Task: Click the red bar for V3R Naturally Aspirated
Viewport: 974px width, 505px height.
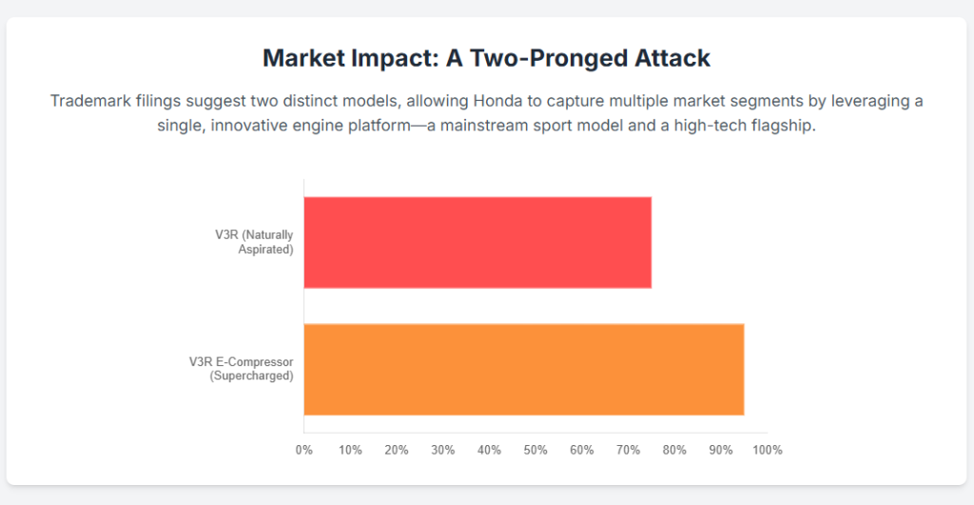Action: pyautogui.click(x=477, y=243)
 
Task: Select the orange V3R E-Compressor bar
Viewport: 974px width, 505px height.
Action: pyautogui.click(x=523, y=369)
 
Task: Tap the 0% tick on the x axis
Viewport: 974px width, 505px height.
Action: pyautogui.click(x=304, y=450)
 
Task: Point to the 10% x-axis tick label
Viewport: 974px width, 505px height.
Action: pyautogui.click(x=350, y=450)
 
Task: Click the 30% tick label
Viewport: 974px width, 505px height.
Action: pyautogui.click(x=443, y=450)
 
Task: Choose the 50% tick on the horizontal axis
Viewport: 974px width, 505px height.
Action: pyautogui.click(x=536, y=450)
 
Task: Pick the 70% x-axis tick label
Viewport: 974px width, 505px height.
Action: pyautogui.click(x=628, y=450)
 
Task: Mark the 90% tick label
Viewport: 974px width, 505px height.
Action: pyautogui.click(x=721, y=450)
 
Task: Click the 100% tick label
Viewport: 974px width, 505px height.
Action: pyautogui.click(x=767, y=450)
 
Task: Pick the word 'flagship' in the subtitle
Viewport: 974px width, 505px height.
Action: pyautogui.click(x=782, y=126)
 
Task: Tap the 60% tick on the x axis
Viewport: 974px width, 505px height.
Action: pyautogui.click(x=582, y=450)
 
